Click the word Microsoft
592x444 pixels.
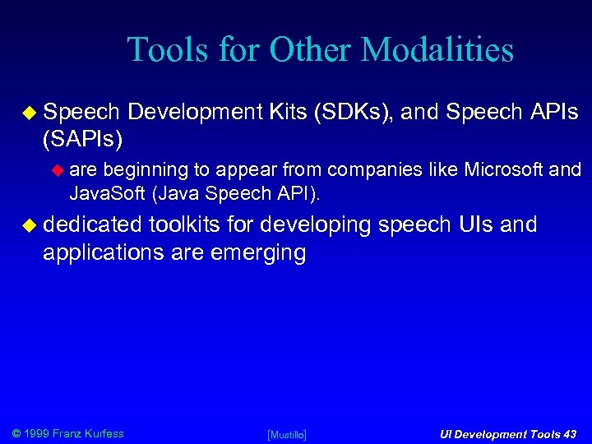click(x=504, y=170)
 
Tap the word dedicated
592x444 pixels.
click(x=91, y=224)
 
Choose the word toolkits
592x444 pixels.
click(x=186, y=224)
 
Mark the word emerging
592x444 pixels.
click(x=257, y=252)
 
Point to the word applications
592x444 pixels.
click(x=93, y=252)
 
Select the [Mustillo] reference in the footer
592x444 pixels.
click(x=287, y=434)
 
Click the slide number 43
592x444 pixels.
click(x=567, y=434)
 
